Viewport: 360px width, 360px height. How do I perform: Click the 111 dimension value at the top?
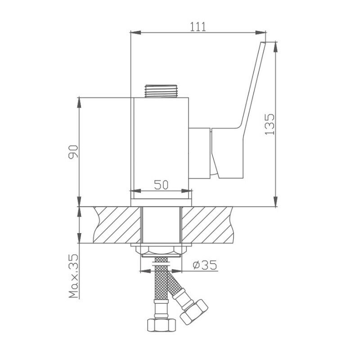click(198, 27)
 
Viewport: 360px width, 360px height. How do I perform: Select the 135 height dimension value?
click(270, 124)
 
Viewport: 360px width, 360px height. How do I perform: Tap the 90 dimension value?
click(73, 152)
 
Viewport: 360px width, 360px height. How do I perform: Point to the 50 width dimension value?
click(161, 184)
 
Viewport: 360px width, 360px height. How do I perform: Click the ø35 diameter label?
click(205, 265)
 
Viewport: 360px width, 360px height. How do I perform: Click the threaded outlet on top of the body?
click(161, 91)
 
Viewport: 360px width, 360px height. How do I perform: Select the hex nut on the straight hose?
click(162, 325)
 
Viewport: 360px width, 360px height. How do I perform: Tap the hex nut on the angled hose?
click(194, 312)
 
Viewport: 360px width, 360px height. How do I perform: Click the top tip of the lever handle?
click(263, 42)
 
